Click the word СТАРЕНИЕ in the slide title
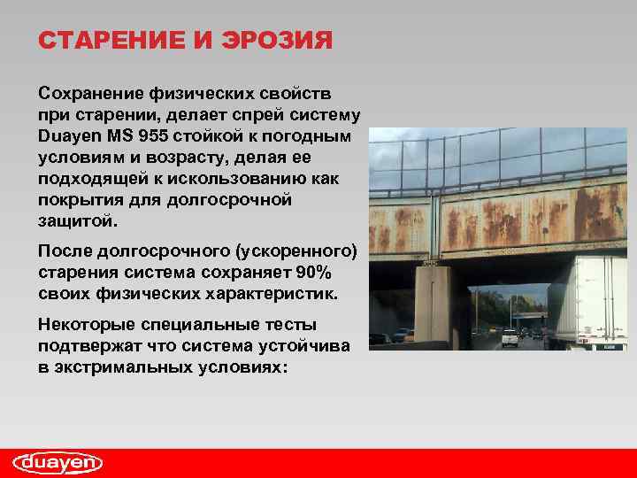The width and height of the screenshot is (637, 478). (107, 42)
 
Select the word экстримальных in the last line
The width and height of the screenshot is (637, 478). (127, 366)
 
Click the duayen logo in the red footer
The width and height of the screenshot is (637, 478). (58, 463)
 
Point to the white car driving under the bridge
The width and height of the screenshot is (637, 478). (510, 337)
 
